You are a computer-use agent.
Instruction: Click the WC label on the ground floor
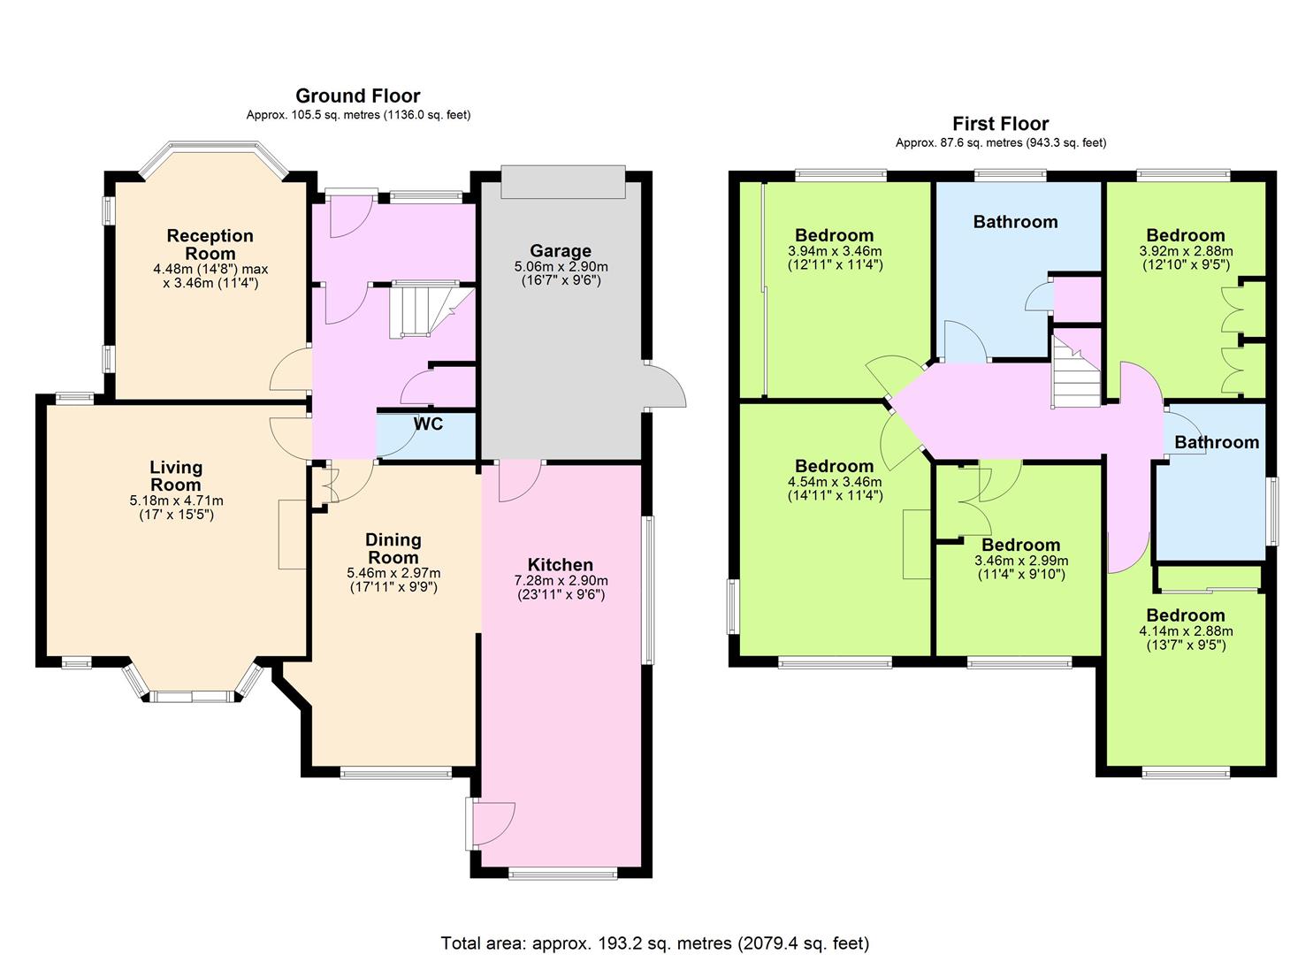pyautogui.click(x=428, y=424)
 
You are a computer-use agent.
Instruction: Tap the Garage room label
pyautogui.click(x=561, y=251)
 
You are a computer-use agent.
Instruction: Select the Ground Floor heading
pyautogui.click(x=357, y=95)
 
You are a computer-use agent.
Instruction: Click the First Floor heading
pyautogui.click(x=1001, y=124)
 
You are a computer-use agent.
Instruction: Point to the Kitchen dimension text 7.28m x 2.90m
pyautogui.click(x=561, y=580)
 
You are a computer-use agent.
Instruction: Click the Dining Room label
pyautogui.click(x=393, y=548)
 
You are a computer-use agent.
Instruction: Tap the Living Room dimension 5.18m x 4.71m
pyautogui.click(x=177, y=500)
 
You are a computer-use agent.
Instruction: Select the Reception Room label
pyautogui.click(x=210, y=244)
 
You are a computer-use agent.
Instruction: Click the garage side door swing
pyautogui.click(x=665, y=386)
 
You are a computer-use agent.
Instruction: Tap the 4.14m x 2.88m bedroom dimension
pyautogui.click(x=1185, y=631)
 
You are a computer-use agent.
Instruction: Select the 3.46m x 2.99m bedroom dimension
pyautogui.click(x=1021, y=561)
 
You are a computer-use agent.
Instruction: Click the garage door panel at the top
pyautogui.click(x=563, y=182)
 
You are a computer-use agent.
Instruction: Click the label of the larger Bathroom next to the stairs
pyautogui.click(x=1015, y=222)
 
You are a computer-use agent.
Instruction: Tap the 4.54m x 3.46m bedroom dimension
pyautogui.click(x=835, y=482)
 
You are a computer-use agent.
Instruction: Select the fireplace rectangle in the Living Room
pyautogui.click(x=293, y=534)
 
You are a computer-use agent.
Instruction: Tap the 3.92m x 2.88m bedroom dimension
pyautogui.click(x=1186, y=251)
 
